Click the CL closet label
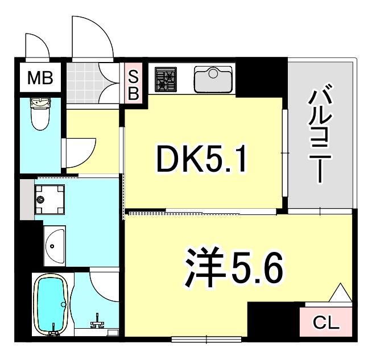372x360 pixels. pos(326,324)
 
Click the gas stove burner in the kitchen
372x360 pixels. pos(166,80)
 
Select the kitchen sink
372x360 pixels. pos(213,78)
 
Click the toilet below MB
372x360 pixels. pos(41,114)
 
